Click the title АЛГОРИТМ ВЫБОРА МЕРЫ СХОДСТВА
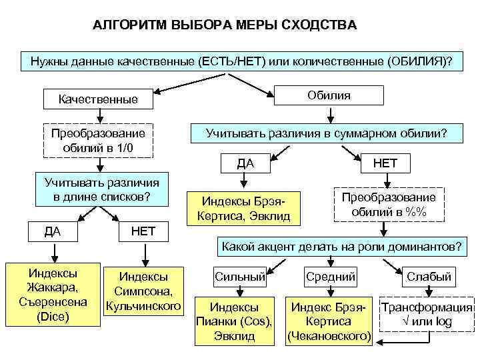pos(225,25)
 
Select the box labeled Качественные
pos(98,99)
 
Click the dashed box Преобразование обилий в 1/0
pos(98,140)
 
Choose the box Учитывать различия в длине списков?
pos(101,189)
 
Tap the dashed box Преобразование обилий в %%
pos(389,205)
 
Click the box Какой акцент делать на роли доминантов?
pos(341,245)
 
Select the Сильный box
pos(239,276)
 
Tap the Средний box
pos(331,276)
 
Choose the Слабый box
pos(429,276)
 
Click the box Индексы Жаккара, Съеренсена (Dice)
pos(50,295)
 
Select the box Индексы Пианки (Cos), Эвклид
pos(235,321)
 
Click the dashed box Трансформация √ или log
pos(427,314)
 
